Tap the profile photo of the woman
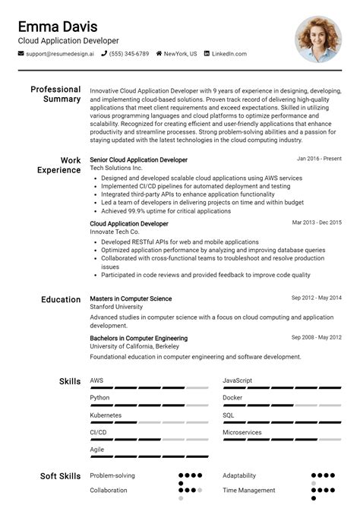click(318, 39)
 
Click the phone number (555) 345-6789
click(129, 54)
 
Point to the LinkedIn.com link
click(229, 54)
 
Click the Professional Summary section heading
click(55, 94)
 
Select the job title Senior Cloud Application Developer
click(138, 159)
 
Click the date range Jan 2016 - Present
click(319, 159)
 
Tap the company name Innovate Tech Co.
click(115, 232)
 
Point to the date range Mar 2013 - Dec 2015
click(317, 223)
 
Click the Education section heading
click(61, 299)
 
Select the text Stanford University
click(116, 307)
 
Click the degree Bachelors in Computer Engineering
click(138, 338)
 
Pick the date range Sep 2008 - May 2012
click(316, 337)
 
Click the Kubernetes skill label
click(106, 415)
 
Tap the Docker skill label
click(232, 397)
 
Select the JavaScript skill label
click(237, 380)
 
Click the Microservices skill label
click(242, 432)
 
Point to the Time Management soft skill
click(248, 490)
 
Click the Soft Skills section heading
click(60, 476)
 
